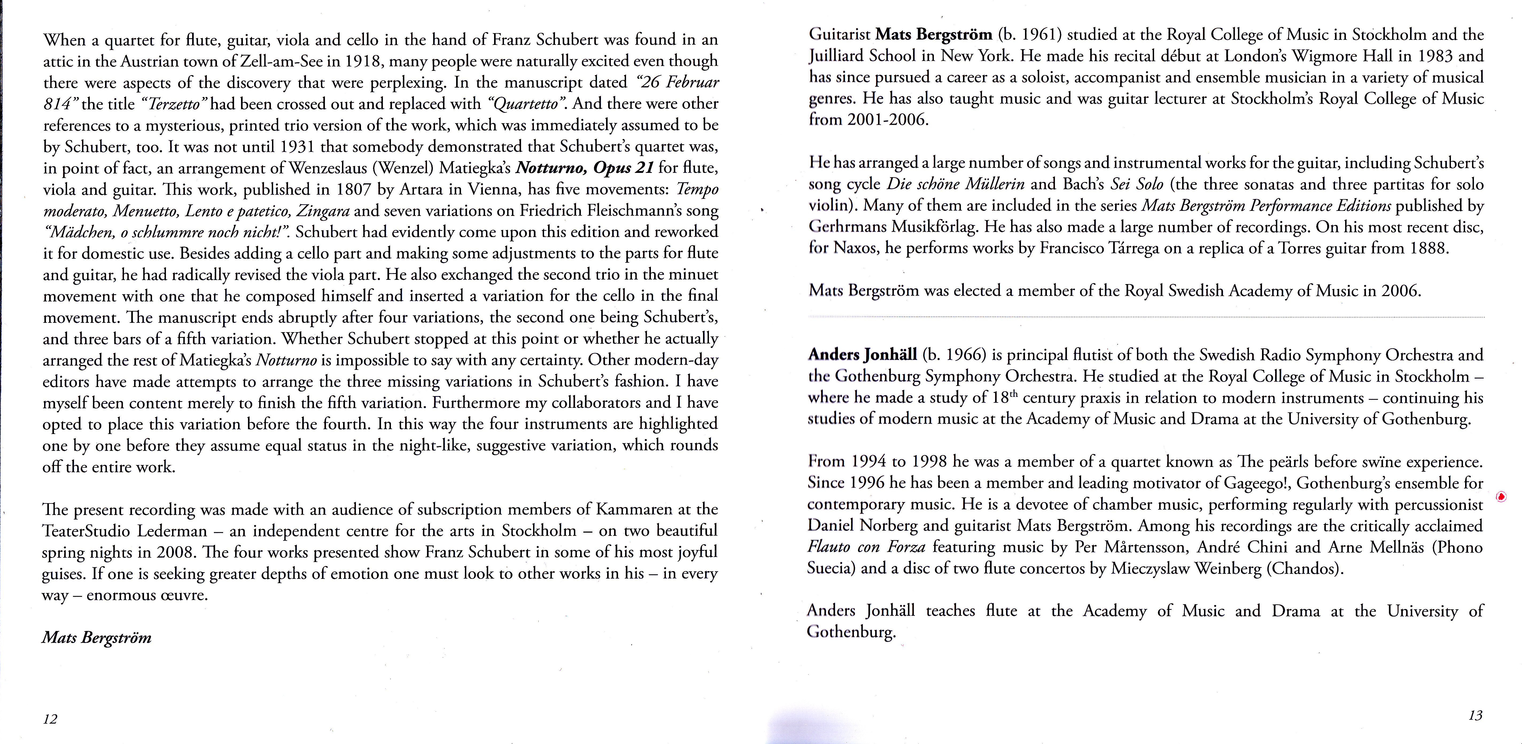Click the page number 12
tap(50, 719)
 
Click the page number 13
tap(1475, 716)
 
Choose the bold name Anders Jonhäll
tap(862, 355)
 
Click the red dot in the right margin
tap(1501, 496)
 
